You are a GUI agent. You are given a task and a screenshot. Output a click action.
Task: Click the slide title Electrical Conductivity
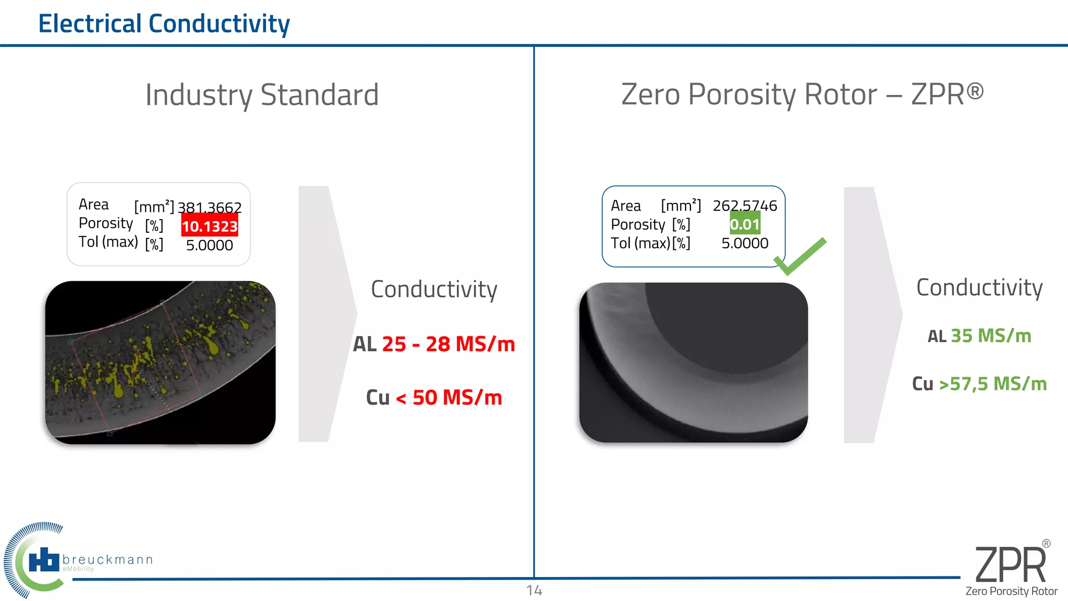[x=164, y=24]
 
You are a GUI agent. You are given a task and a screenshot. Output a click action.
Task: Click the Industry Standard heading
[x=262, y=95]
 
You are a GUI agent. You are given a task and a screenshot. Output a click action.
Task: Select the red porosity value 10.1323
[x=210, y=226]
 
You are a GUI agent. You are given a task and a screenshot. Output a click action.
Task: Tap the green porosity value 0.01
[x=745, y=225]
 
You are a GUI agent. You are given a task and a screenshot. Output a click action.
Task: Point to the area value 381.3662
[x=210, y=208]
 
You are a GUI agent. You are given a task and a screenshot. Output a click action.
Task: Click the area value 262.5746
[x=745, y=206]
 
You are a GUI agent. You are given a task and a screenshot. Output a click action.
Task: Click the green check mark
[x=800, y=256]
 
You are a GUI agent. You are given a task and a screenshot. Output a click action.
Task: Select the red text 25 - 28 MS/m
[x=448, y=344]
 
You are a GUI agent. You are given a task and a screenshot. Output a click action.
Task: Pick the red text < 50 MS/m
[x=449, y=398]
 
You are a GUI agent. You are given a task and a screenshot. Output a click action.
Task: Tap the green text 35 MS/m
[x=991, y=336]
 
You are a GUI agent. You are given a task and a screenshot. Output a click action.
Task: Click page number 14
[x=534, y=591]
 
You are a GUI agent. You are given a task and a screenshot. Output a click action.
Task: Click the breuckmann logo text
[x=107, y=560]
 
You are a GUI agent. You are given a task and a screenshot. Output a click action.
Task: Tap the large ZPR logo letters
[x=1010, y=566]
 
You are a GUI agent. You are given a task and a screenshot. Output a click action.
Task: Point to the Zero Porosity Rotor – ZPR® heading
[x=802, y=94]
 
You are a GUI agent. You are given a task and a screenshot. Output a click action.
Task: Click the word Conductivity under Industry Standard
[x=434, y=290]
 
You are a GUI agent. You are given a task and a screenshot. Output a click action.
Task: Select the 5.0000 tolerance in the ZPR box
[x=745, y=244]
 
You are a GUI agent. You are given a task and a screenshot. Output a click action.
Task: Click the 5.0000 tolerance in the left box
[x=210, y=245]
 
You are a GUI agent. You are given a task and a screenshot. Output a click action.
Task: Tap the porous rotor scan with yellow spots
[x=160, y=363]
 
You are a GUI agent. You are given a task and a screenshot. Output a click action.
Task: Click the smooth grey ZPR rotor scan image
[x=693, y=363]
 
